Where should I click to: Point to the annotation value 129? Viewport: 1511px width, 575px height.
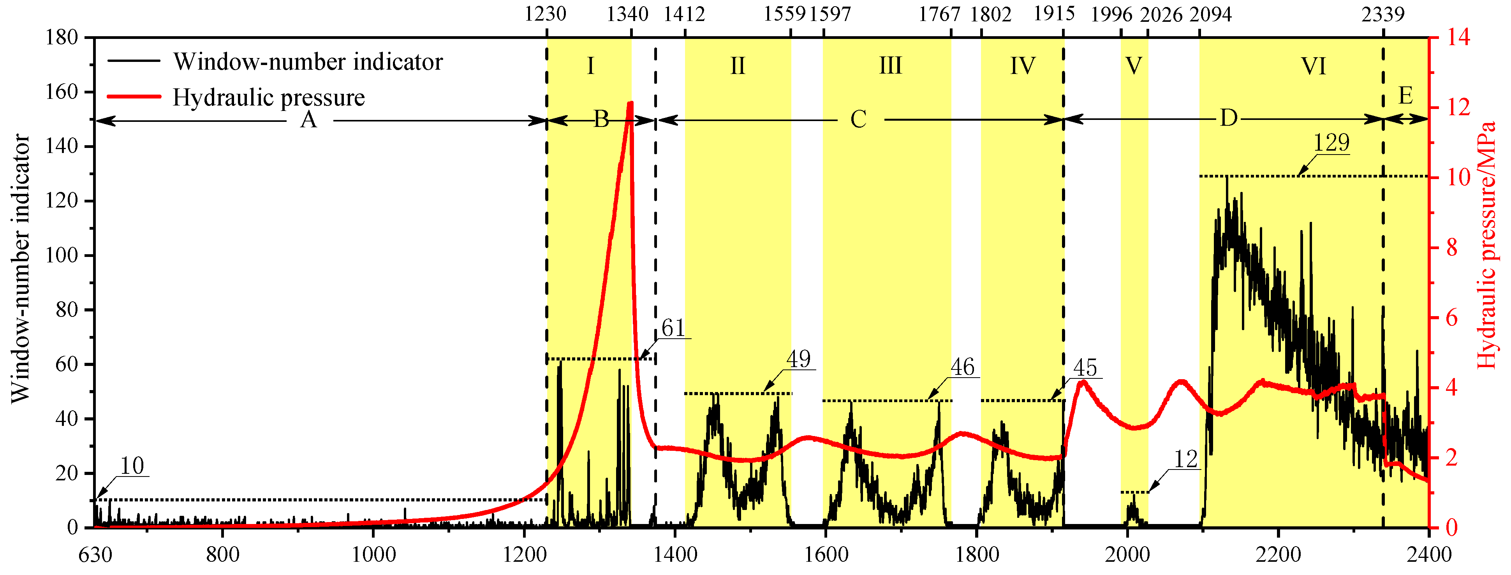point(1331,142)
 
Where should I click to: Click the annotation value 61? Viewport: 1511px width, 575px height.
point(673,328)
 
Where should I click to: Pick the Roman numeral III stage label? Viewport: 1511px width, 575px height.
point(890,66)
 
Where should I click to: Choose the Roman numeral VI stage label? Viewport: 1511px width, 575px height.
point(1313,66)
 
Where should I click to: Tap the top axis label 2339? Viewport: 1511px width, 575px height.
point(1382,14)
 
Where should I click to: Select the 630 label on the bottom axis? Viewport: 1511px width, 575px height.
point(95,554)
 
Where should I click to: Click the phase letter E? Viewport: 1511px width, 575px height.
point(1405,95)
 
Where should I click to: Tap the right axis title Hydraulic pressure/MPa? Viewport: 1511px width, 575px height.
point(1486,246)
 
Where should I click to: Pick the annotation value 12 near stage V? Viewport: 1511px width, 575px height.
point(1185,459)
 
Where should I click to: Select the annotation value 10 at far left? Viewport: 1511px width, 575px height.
point(132,466)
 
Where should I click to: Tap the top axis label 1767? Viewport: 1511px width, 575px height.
point(939,14)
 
